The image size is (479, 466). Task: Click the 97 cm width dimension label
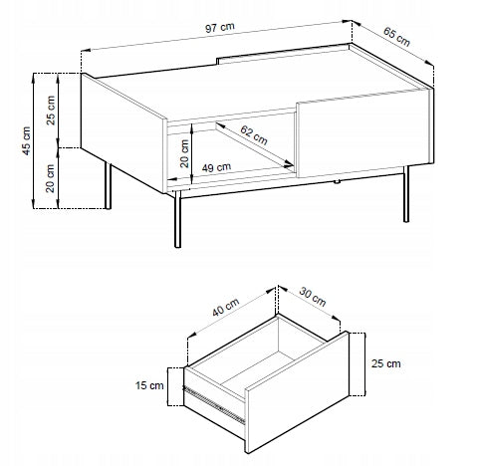coord(220,28)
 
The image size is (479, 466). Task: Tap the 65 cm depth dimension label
coord(396,37)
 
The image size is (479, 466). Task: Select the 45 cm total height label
coord(26,140)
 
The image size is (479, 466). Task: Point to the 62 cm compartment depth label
coord(254,135)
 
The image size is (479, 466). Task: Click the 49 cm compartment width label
coord(216,167)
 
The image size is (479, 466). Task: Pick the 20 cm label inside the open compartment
coord(184,153)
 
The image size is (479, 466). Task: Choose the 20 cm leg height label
coord(50,178)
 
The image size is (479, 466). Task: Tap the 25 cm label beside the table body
coord(51,111)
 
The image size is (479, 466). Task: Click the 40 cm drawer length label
coord(226,307)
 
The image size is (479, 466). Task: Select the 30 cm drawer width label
coord(313,297)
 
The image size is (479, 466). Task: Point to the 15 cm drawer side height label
coord(149,385)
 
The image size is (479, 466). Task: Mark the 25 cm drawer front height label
coord(385,363)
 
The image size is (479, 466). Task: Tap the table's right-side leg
coord(406,194)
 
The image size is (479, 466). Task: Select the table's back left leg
coord(108,185)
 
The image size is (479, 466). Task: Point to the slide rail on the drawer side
coord(215,405)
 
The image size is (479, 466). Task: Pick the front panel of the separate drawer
coord(297,391)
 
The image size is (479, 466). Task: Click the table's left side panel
coord(123,132)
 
